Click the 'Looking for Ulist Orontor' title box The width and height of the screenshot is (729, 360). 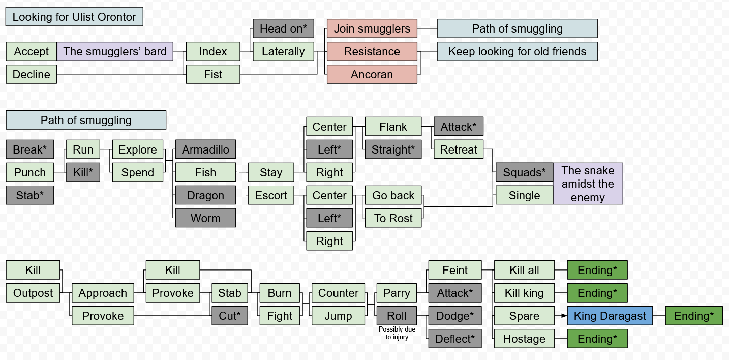pos(74,17)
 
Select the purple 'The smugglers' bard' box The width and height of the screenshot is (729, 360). pos(115,51)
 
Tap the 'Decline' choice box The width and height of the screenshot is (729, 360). pos(32,74)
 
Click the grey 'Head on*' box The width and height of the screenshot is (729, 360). pos(283,28)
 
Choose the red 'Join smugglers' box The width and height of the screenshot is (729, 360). pos(372,28)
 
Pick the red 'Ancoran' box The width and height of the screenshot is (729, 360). pos(372,74)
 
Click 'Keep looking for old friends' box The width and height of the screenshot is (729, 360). pos(517,51)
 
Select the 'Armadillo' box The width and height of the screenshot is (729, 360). pos(205,149)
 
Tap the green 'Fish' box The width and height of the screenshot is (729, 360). pos(205,172)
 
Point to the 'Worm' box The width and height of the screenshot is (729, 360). pos(205,218)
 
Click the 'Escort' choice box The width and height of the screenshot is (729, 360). pos(271,195)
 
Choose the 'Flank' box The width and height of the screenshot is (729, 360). pos(393,127)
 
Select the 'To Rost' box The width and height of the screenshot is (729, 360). pos(393,218)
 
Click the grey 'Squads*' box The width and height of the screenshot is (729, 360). pos(524,172)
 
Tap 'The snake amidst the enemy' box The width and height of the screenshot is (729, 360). pos(588,184)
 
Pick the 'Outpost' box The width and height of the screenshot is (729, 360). pos(33,293)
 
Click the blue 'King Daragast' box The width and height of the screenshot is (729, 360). pos(609,316)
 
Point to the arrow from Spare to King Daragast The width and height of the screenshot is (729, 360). pos(561,316)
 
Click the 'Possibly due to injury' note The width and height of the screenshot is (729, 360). pos(397,333)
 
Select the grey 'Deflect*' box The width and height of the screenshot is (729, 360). pos(454,339)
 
